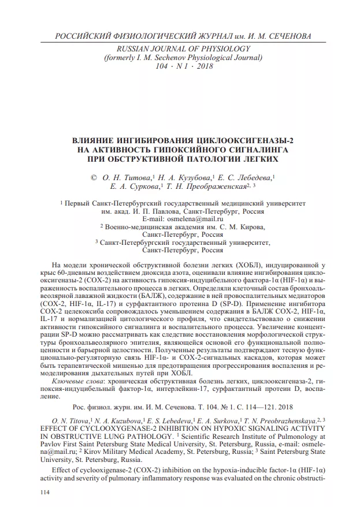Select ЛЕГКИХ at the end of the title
pyautogui.click(x=259, y=158)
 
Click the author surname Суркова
pyautogui.click(x=142, y=187)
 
